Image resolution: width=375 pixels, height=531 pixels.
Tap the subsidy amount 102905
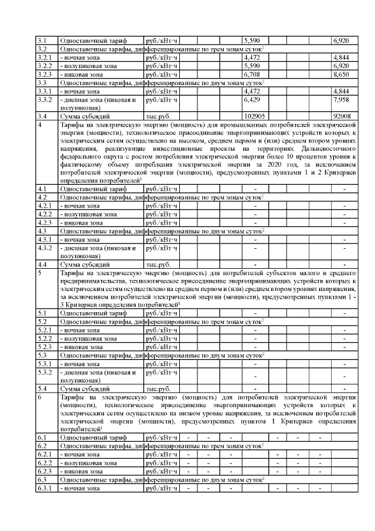(x=255, y=116)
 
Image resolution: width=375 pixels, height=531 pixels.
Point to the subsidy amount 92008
(x=343, y=116)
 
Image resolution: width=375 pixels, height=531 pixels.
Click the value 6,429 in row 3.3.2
(x=253, y=100)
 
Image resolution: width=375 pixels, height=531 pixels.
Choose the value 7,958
(x=341, y=100)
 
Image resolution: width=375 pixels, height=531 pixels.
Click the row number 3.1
(x=42, y=40)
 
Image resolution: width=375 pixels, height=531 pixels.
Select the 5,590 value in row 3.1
(x=253, y=40)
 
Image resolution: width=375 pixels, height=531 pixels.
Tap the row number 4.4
(x=42, y=265)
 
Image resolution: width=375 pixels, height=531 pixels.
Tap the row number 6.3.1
(x=45, y=488)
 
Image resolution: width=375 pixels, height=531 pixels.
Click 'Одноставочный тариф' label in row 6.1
(x=93, y=438)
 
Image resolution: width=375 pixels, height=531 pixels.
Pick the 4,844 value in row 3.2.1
(x=341, y=57)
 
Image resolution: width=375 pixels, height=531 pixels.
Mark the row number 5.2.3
(x=45, y=347)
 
